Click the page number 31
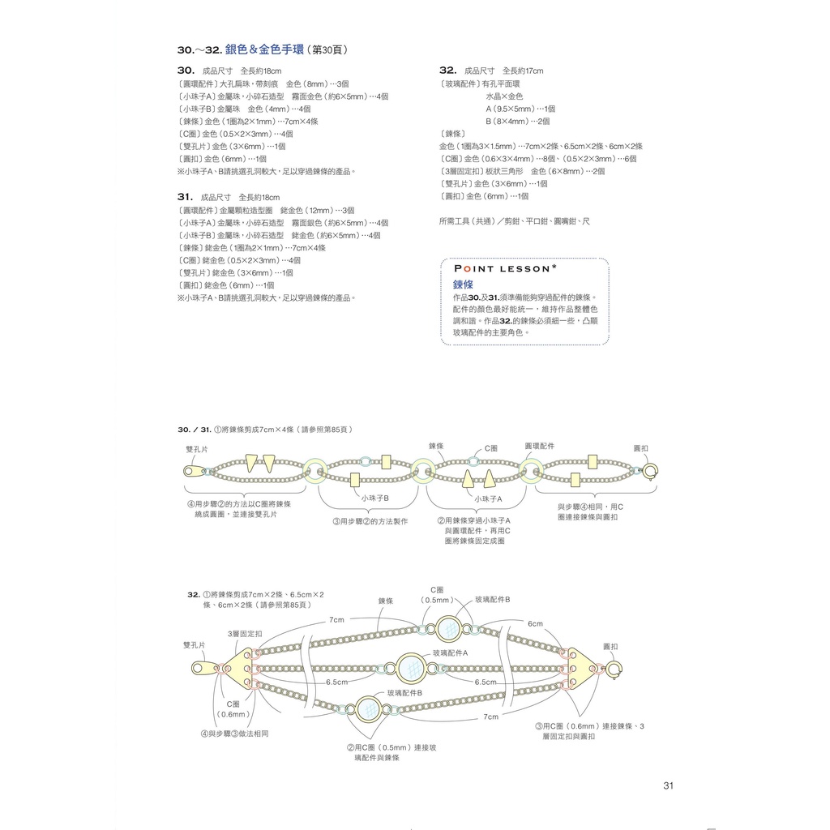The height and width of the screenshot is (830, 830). pos(668,785)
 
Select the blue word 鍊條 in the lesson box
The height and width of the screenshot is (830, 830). pos(463,285)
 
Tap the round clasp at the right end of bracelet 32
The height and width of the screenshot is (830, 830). pos(614,670)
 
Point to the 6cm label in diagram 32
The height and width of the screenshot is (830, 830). pos(535,624)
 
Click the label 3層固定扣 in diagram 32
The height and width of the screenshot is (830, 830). pos(245,633)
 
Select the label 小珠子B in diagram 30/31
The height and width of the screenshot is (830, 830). pos(375,498)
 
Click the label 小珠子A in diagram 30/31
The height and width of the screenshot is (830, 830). pos(489,498)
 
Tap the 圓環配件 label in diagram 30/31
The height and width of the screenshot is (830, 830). pos(540,447)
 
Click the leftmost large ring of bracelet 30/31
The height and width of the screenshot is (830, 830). pos(314,468)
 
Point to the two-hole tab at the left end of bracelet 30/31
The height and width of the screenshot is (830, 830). pos(193,469)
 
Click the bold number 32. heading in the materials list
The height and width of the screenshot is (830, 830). pos(447,71)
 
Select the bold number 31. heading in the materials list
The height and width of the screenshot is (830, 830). pos(185,197)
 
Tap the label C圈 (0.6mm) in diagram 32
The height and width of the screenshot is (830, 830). pos(233,709)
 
